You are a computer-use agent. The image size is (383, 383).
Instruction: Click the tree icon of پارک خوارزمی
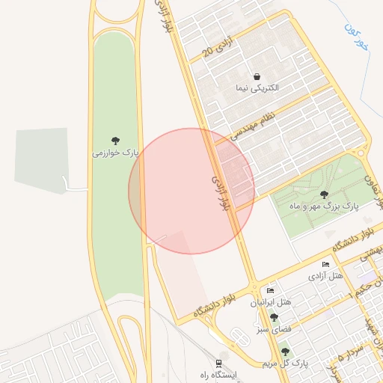point(116,141)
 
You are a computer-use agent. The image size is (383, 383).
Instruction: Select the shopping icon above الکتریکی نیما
point(257,76)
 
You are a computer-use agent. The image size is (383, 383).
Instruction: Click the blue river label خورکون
point(357,35)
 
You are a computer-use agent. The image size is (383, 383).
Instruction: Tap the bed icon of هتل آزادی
point(325,265)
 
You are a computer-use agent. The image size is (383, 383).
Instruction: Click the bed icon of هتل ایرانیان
point(270,290)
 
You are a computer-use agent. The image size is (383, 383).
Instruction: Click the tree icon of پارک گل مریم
point(284,352)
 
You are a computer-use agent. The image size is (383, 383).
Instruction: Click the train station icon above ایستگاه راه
point(219,361)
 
